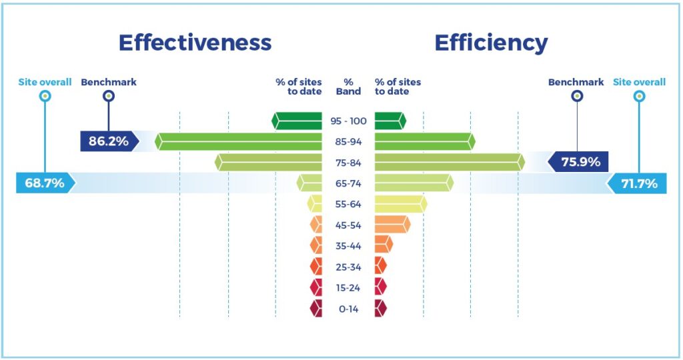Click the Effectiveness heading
click(x=195, y=43)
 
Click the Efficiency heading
click(x=492, y=43)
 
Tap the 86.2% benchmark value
click(x=109, y=141)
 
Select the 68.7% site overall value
click(x=45, y=183)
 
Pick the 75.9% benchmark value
click(x=581, y=162)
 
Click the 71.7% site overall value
click(x=639, y=183)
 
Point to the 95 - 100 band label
click(x=348, y=121)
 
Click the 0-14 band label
click(x=348, y=309)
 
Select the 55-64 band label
click(x=348, y=204)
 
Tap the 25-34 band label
click(x=348, y=267)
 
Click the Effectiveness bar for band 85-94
click(x=238, y=141)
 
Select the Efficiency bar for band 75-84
click(x=450, y=163)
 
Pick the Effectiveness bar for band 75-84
click(x=268, y=163)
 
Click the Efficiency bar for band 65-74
click(x=414, y=183)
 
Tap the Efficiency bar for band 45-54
click(x=392, y=225)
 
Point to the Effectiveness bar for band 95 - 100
click(x=297, y=121)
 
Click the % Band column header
click(x=348, y=87)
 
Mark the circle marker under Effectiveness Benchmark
click(x=109, y=96)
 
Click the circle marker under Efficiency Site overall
click(x=639, y=96)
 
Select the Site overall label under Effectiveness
click(x=45, y=82)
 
